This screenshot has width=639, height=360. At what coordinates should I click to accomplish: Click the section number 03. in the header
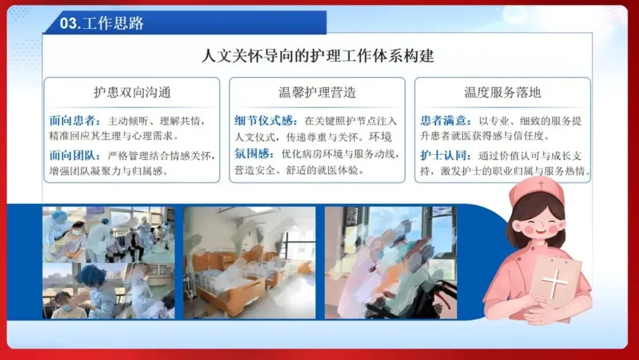click(70, 23)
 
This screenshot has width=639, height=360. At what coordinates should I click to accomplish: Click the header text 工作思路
click(113, 23)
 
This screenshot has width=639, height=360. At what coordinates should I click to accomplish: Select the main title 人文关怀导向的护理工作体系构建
click(318, 56)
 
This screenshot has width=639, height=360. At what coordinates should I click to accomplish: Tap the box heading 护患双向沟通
click(132, 92)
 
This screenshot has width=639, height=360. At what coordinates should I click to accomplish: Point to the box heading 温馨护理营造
click(317, 92)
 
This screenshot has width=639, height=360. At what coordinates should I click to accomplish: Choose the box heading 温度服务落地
click(502, 92)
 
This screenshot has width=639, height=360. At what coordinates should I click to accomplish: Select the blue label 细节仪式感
click(265, 121)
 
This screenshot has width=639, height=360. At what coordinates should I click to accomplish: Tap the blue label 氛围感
click(253, 154)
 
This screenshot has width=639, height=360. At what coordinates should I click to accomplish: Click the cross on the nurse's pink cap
click(541, 184)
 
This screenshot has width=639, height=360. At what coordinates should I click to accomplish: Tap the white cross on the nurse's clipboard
click(554, 281)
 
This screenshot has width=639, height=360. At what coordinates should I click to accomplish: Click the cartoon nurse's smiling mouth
click(540, 232)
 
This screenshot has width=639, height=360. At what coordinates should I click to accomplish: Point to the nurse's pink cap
click(537, 190)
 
